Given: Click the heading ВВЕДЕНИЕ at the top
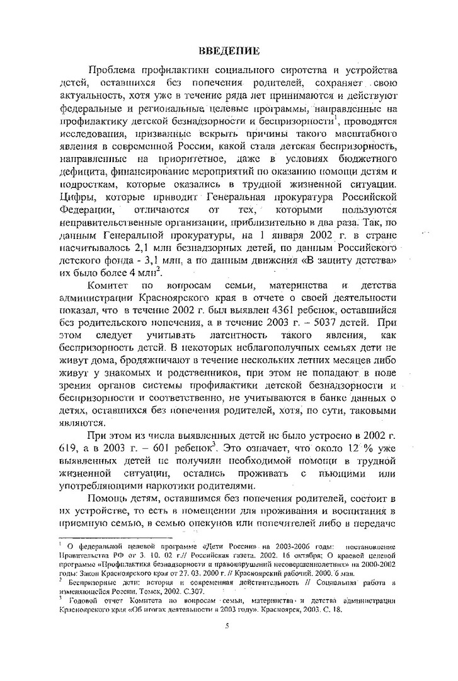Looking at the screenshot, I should point(229,50).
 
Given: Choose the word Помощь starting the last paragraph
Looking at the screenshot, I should point(113,499).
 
